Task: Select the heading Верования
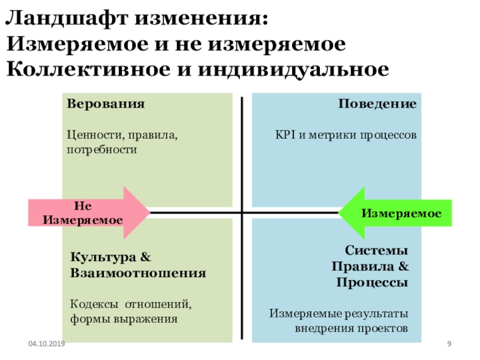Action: pyautogui.click(x=106, y=104)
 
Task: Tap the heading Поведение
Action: pyautogui.click(x=377, y=104)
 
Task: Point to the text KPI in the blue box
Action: pyautogui.click(x=285, y=136)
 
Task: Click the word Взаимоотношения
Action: pyautogui.click(x=139, y=273)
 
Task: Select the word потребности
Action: pyautogui.click(x=102, y=149)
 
